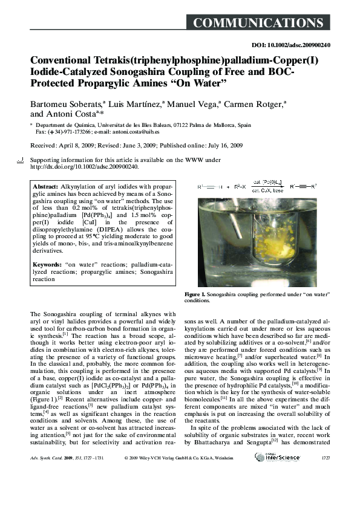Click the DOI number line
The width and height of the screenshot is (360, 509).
[290, 45]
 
